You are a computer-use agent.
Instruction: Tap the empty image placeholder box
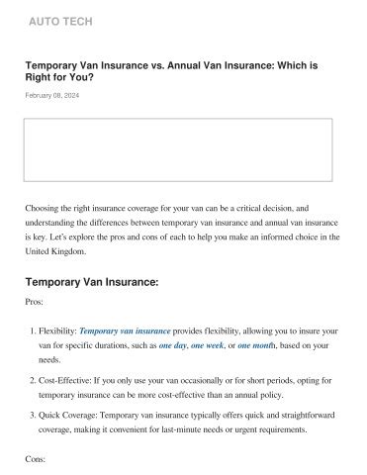pos(183,148)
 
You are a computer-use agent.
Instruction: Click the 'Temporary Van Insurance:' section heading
pos(91,282)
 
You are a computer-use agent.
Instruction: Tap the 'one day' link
pos(173,345)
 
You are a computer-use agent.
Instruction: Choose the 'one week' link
pos(213,345)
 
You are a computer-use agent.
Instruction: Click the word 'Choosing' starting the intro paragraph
pos(44,209)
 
